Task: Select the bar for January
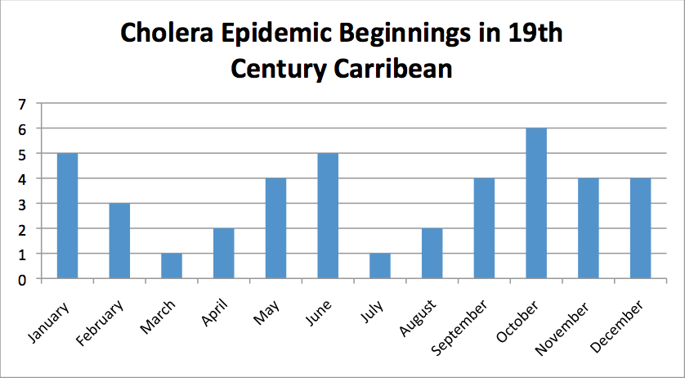(67, 216)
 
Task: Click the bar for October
(536, 204)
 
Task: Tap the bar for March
(172, 266)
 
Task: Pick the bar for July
(380, 266)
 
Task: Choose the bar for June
(328, 216)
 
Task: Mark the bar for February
(119, 241)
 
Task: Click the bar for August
(432, 254)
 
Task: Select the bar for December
(641, 228)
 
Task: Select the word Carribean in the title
(396, 69)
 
